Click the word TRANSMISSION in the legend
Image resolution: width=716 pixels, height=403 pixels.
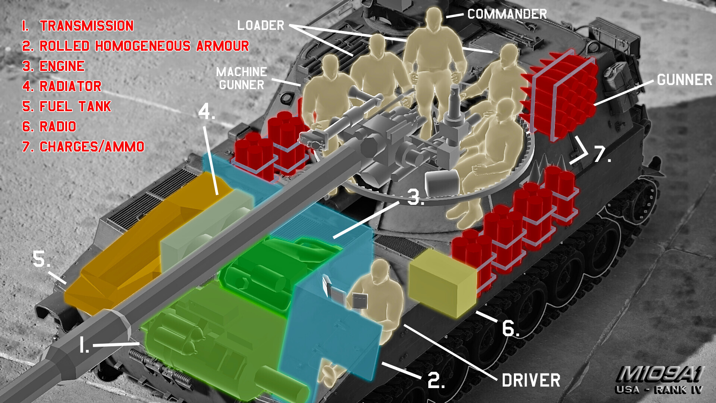[x=87, y=26]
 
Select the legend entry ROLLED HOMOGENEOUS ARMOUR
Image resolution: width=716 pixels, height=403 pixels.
[x=144, y=46]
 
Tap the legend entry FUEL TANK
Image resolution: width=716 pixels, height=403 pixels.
[x=75, y=106]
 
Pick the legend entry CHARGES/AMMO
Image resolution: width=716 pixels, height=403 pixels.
[x=92, y=147]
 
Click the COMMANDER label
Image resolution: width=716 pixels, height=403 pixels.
[x=507, y=14]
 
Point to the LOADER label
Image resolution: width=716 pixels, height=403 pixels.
[x=261, y=25]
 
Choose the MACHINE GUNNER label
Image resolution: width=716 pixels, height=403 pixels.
[x=242, y=78]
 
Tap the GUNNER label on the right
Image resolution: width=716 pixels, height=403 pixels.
[x=685, y=80]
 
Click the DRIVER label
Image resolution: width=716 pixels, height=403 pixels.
[x=531, y=381]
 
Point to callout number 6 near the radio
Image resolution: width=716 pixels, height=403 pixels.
[x=510, y=328]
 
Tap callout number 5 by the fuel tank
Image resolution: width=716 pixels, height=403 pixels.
[x=41, y=259]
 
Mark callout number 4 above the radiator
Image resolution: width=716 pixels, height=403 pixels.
[x=207, y=111]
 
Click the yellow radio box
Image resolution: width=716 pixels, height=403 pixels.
[x=442, y=282]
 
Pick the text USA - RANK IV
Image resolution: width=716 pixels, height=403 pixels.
[x=659, y=390]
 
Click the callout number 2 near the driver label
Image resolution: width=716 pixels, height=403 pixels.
[x=436, y=380]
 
